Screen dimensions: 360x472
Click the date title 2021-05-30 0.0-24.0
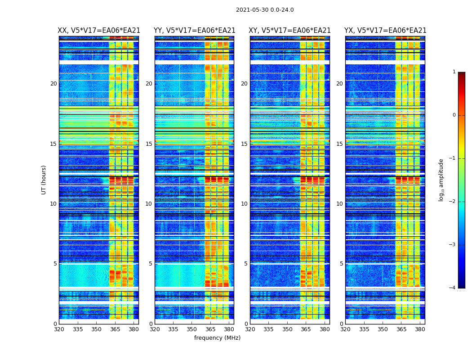[x=265, y=10]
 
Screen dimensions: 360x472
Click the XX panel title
[x=99, y=31]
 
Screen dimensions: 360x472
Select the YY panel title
[x=194, y=31]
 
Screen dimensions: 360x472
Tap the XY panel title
[x=289, y=31]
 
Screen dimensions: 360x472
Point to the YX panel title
[x=385, y=31]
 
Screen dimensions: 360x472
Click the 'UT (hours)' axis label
[x=44, y=180]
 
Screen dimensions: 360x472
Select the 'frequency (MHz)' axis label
[x=217, y=338]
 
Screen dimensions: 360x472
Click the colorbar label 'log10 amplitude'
[x=441, y=180]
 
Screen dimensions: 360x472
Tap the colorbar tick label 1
[x=454, y=72]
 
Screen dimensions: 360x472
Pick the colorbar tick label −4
[x=453, y=288]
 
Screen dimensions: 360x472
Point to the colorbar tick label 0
[x=454, y=115]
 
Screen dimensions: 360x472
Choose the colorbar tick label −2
[x=453, y=202]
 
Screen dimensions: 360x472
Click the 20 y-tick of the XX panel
[x=53, y=84]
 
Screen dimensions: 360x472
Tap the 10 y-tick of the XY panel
[x=244, y=204]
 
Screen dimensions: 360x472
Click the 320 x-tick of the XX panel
[x=59, y=329]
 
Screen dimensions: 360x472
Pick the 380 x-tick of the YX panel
[x=420, y=329]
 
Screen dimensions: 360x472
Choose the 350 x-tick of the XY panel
[x=287, y=329]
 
